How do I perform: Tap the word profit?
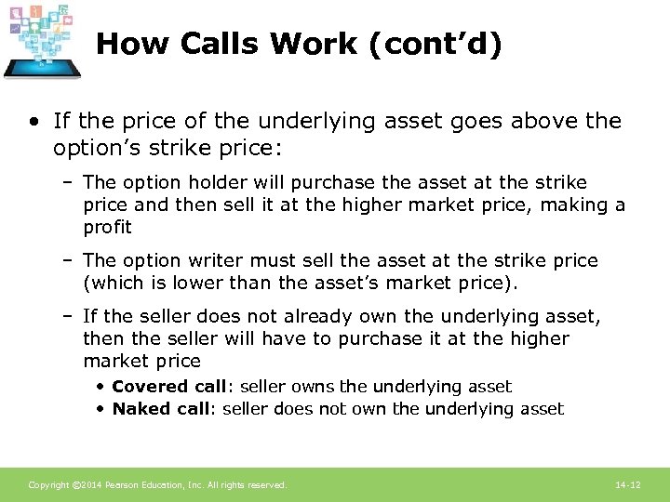107,227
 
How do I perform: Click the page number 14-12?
628,485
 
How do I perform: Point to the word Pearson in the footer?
122,485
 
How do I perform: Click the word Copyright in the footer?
47,485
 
